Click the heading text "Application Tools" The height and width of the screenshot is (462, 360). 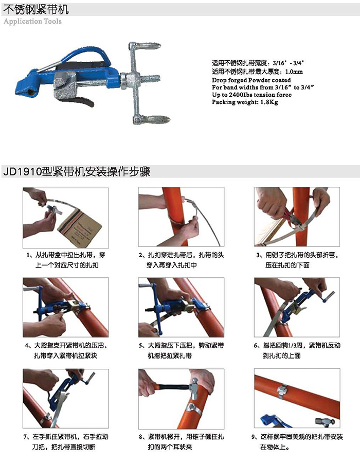(33, 22)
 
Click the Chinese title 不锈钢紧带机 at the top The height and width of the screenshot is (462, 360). (36, 9)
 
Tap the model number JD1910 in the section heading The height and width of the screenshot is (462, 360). (22, 172)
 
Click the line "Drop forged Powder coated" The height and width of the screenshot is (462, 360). (251, 80)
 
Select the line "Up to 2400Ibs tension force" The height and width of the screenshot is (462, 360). (251, 95)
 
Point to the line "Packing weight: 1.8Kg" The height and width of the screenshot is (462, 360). (245, 102)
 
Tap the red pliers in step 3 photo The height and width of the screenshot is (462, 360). (290, 218)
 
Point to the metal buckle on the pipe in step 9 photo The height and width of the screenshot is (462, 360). (282, 392)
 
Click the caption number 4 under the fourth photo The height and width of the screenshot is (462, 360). (27, 346)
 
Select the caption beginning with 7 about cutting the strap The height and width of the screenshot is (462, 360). (66, 441)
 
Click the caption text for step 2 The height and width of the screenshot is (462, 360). (181, 260)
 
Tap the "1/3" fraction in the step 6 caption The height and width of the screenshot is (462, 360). (295, 346)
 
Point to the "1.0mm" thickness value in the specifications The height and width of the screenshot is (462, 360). (294, 72)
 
